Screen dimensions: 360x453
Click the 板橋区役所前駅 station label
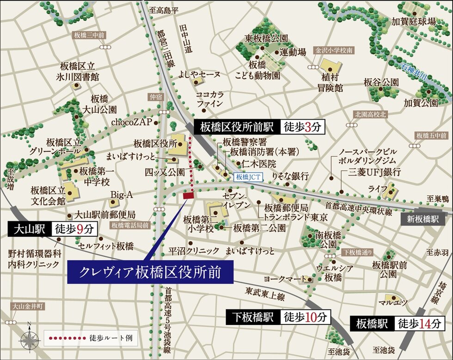click(237, 127)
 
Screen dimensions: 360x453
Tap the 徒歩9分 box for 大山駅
click(74, 229)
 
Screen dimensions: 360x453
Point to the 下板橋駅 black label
click(253, 317)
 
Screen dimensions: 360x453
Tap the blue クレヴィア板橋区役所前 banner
click(150, 272)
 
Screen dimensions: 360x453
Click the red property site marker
click(188, 196)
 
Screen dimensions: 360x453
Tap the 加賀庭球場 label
click(414, 21)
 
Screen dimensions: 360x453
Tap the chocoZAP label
click(131, 122)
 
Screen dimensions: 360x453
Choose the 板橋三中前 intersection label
click(89, 36)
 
